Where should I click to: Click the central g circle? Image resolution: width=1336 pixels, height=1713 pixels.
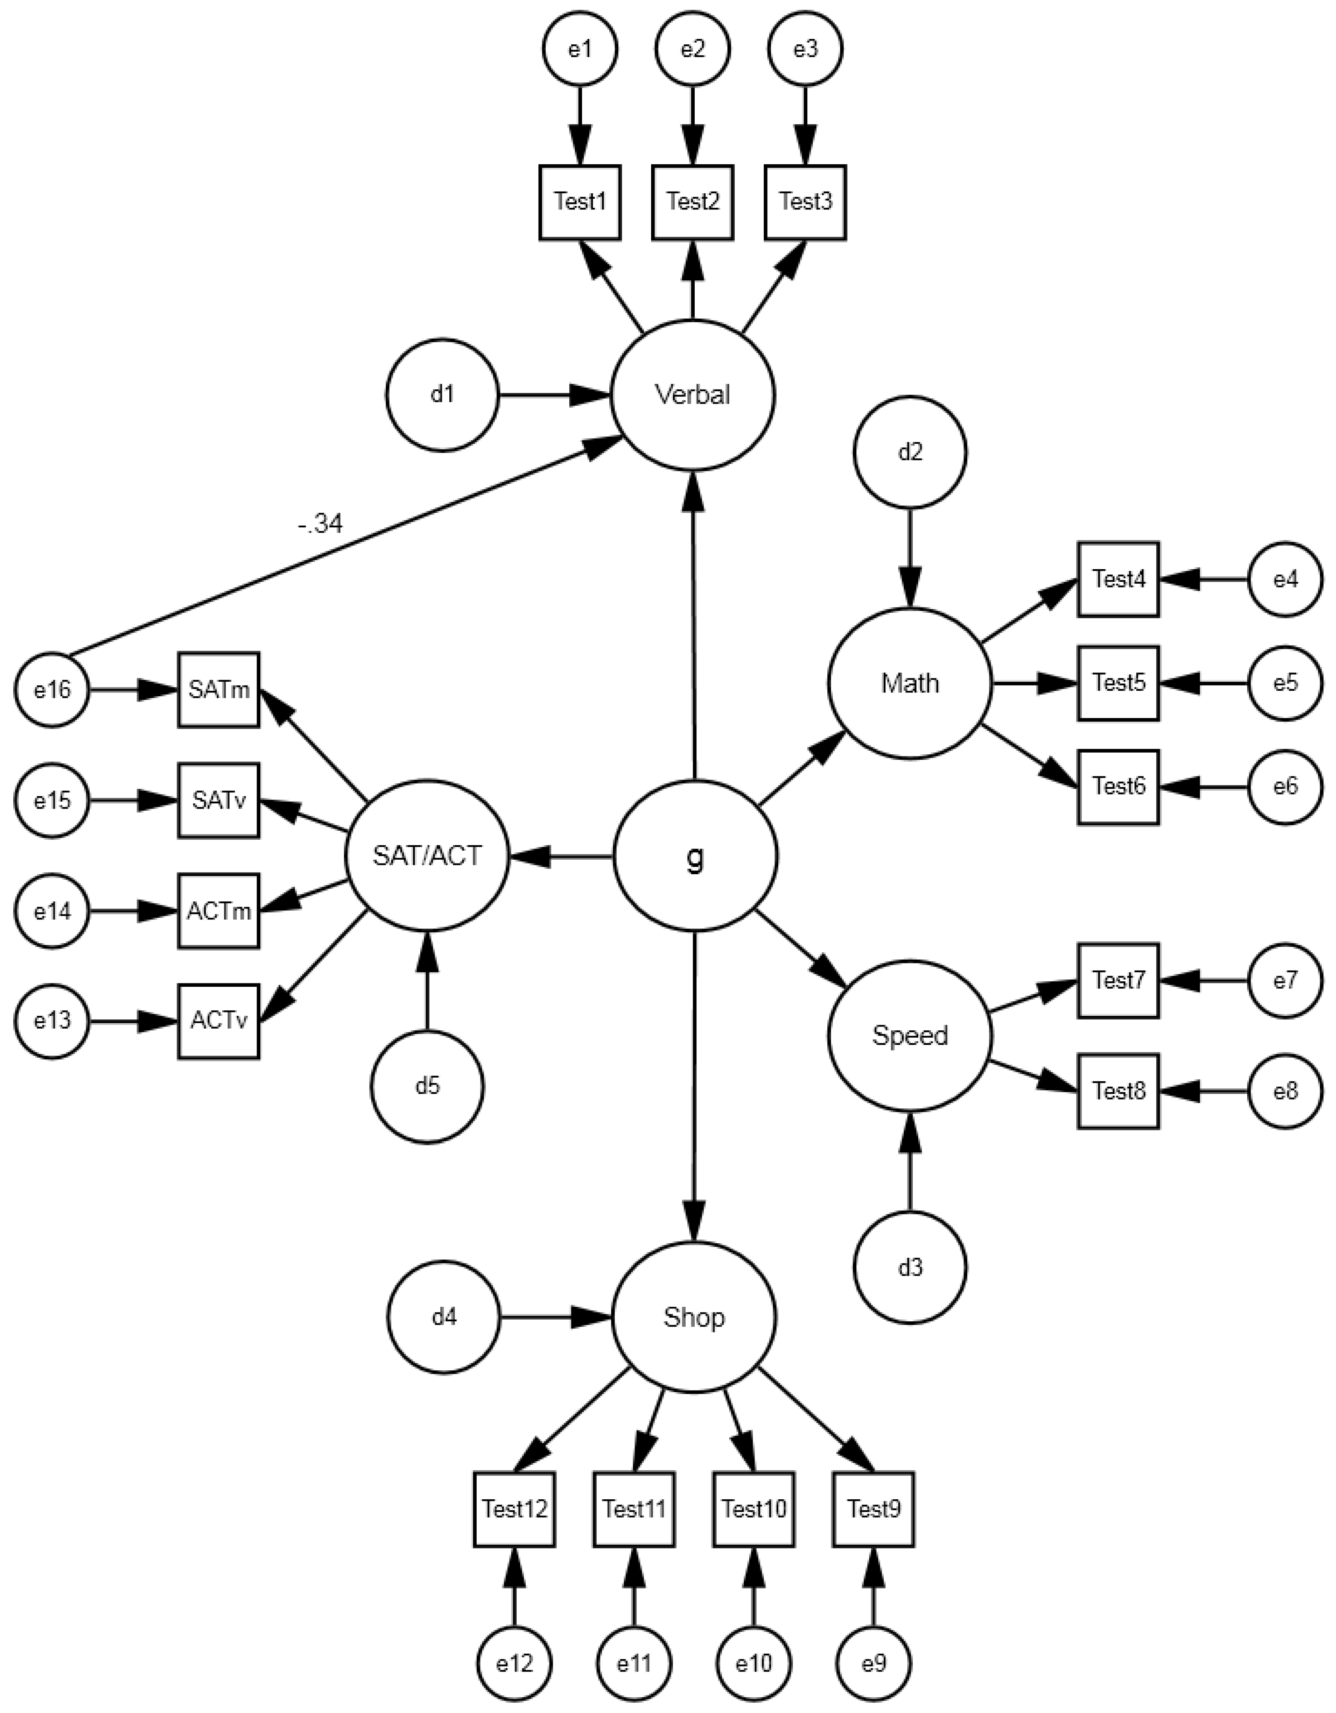[x=694, y=857]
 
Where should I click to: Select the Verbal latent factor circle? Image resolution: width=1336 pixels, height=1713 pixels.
[x=693, y=395]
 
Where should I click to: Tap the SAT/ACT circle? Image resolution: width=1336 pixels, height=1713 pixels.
[x=428, y=856]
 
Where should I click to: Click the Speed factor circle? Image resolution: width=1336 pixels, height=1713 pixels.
[x=910, y=1035]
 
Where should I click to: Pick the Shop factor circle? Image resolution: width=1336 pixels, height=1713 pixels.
[x=693, y=1317]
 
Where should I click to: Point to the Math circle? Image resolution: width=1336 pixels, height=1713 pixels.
[x=910, y=683]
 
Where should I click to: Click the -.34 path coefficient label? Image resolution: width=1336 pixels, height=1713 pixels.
[x=320, y=524]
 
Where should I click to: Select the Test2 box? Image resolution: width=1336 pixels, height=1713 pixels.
[x=693, y=201]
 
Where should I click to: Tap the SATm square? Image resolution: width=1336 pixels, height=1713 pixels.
[x=218, y=689]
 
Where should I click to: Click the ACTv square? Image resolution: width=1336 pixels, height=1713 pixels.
[x=218, y=1021]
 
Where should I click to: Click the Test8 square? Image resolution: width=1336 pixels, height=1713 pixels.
[x=1118, y=1091]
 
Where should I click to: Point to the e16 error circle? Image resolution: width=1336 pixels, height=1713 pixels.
[x=52, y=690]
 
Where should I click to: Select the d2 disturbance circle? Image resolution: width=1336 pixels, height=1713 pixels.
[x=910, y=453]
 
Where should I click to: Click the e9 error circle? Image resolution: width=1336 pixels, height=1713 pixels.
[x=873, y=1663]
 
